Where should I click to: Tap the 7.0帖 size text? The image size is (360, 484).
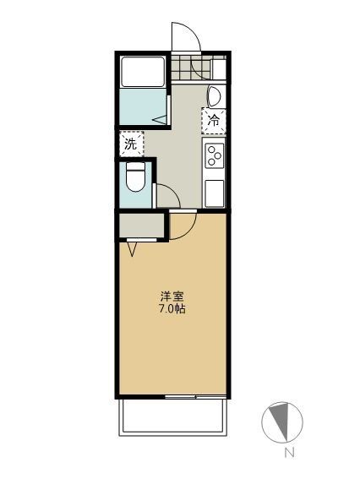point(173,309)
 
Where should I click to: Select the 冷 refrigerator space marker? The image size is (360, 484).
point(214,121)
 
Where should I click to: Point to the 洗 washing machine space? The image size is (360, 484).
point(131,144)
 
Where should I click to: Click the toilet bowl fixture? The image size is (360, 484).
point(135,179)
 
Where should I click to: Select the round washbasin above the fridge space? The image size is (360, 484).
point(215,95)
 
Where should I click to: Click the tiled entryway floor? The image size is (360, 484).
point(190,68)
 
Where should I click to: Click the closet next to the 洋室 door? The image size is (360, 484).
point(140,226)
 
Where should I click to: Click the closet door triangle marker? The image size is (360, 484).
point(134,249)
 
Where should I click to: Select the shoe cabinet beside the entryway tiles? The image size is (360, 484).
point(218,68)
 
